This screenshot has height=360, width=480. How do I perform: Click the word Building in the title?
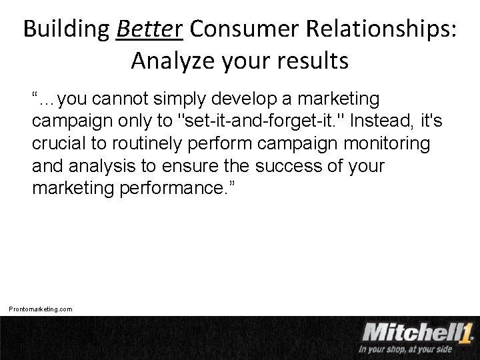(x=65, y=30)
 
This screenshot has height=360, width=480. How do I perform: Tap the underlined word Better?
(x=150, y=30)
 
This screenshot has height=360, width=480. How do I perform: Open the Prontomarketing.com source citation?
(x=41, y=309)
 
